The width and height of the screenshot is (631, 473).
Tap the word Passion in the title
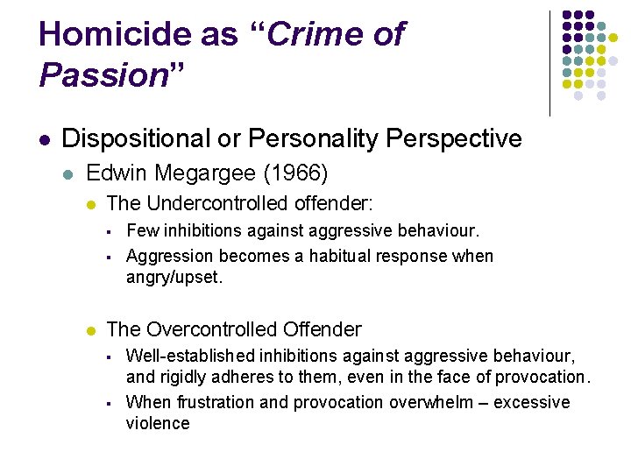(x=103, y=76)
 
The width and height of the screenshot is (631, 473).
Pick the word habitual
(x=320, y=256)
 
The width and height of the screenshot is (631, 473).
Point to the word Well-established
(x=188, y=356)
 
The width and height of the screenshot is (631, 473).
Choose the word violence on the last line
(x=158, y=423)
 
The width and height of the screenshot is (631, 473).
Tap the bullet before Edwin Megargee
(x=69, y=175)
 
